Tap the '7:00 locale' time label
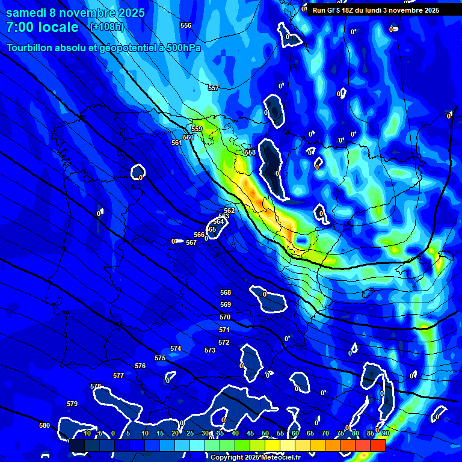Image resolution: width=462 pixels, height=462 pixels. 42,27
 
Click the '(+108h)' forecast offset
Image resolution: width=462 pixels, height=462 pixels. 106,26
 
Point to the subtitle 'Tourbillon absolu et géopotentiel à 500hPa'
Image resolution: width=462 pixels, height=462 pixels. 103,48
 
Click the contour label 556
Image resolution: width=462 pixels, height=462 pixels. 186,25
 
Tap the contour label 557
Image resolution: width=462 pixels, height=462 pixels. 214,88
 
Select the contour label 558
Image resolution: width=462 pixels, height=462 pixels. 250,152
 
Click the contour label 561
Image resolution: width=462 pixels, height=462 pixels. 176,143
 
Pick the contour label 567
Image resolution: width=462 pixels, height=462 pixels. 191,242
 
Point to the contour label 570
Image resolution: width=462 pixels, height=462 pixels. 225,317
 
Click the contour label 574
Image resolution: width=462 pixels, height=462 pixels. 176,348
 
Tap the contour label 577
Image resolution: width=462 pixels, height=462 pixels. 119,375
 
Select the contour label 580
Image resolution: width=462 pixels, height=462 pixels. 45,425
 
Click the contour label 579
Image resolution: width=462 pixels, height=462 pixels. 72,404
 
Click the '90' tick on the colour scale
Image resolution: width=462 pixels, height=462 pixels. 385,433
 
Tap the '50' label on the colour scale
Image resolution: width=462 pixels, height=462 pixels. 265,433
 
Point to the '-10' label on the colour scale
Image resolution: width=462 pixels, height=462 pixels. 87,433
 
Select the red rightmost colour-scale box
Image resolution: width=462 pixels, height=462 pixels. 377,445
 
